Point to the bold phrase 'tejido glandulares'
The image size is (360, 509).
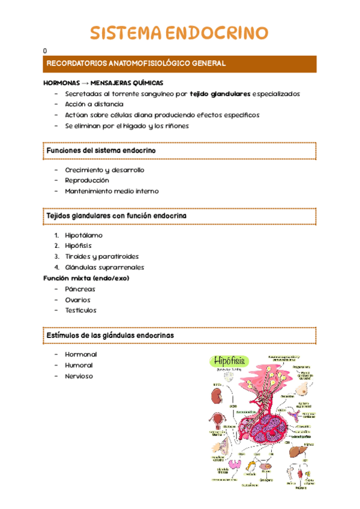point(220,94)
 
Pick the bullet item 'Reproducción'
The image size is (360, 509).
point(87,180)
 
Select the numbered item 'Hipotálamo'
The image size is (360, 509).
point(83,235)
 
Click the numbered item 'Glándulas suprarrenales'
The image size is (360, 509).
point(104,267)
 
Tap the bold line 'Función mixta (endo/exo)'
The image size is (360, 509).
point(86,278)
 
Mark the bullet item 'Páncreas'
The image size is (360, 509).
point(80,289)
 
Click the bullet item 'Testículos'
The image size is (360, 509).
point(80,310)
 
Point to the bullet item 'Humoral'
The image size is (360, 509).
point(79,365)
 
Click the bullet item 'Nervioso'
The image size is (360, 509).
point(79,376)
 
